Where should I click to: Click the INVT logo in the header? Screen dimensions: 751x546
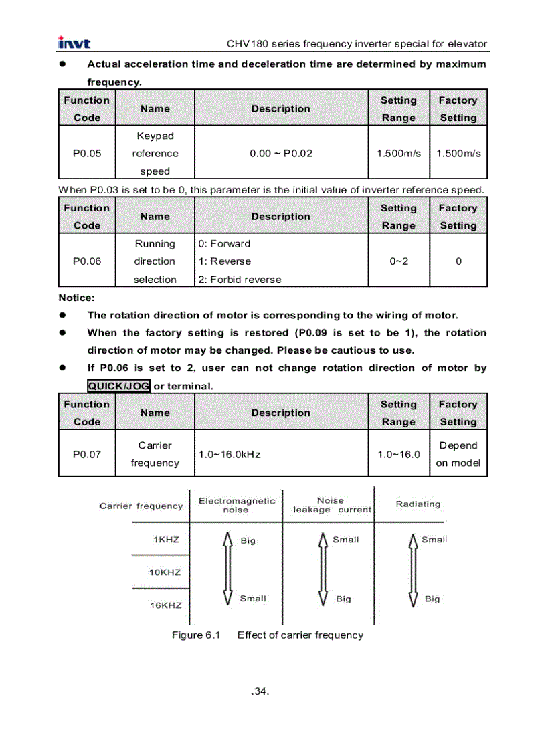(74, 43)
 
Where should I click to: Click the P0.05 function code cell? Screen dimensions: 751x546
(87, 153)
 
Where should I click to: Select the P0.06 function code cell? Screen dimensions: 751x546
(87, 261)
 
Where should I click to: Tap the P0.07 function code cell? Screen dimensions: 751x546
(87, 454)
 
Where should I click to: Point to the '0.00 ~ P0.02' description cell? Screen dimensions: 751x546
(281, 153)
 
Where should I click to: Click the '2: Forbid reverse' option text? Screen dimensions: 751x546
(240, 280)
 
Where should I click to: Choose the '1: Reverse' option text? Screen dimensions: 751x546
(225, 261)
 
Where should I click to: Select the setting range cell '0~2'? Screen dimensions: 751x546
(399, 261)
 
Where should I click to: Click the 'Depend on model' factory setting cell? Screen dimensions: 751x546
(458, 454)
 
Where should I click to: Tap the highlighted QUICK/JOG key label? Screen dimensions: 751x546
(118, 386)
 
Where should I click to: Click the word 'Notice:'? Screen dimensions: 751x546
(76, 297)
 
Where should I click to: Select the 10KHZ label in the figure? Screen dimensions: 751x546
(165, 572)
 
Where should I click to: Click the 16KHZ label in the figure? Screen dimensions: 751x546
(165, 605)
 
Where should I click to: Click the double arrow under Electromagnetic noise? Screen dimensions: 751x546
(227, 568)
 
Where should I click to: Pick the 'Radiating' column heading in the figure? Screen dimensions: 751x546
(418, 504)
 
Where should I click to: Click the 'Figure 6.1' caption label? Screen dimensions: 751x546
(196, 635)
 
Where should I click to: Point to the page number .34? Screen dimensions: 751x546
(260, 691)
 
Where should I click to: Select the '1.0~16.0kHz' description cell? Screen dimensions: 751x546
(230, 454)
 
